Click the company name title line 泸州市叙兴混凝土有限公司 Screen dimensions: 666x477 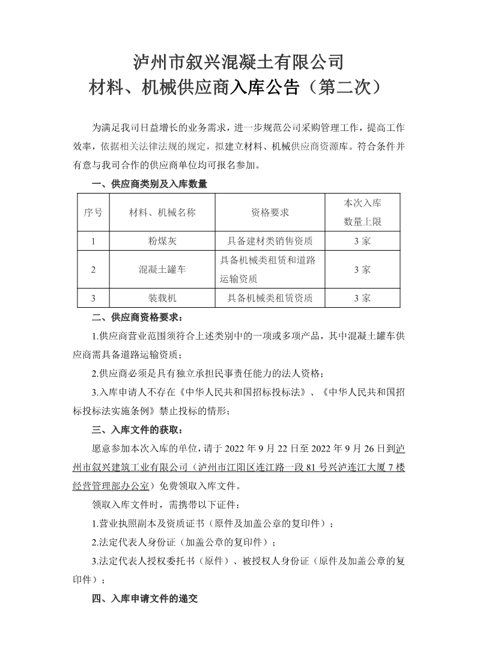point(238,62)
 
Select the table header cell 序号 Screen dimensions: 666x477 point(93,212)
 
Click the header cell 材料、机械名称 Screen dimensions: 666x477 point(162,212)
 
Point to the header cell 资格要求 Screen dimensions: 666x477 point(270,212)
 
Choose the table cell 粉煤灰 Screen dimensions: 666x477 point(162,241)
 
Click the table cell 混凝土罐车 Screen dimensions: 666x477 point(162,269)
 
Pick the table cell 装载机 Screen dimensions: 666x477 point(162,298)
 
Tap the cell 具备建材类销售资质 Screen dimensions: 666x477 point(270,241)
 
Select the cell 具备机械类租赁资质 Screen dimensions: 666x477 point(270,298)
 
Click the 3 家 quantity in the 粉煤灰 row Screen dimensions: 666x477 point(362,241)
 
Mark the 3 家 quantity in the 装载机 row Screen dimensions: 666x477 point(362,298)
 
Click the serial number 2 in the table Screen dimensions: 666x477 point(93,269)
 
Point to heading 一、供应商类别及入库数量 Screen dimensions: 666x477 point(149,185)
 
